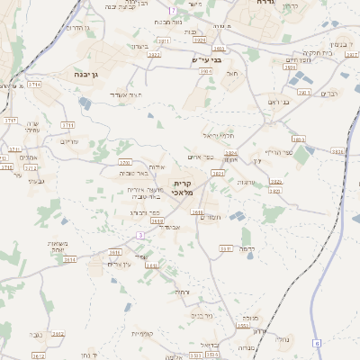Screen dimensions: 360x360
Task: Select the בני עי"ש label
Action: (206, 60)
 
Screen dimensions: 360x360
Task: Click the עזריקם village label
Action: (69, 141)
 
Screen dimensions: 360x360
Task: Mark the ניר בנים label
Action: (202, 316)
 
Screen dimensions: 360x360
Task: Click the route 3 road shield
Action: (139, 235)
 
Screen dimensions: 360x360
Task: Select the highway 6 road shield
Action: (316, 343)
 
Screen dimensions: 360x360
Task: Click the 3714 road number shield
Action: (34, 84)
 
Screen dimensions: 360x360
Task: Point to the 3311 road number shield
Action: (225, 248)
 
